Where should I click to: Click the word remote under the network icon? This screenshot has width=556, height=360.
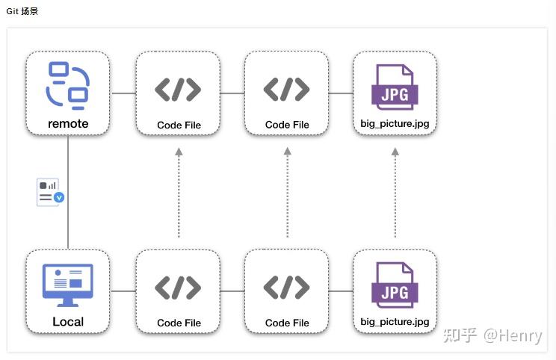click(68, 124)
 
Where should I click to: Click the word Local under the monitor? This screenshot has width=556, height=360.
click(68, 322)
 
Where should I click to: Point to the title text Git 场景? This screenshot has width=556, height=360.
click(22, 11)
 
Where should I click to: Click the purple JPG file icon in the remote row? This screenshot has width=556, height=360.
click(395, 87)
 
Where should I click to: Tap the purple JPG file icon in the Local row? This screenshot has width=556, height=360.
click(395, 286)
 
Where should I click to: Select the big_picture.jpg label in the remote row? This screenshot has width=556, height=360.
click(395, 124)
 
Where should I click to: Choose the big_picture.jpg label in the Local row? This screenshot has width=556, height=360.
click(395, 322)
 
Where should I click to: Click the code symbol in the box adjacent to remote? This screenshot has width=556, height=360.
click(178, 90)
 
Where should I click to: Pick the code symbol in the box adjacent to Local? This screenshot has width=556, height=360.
click(178, 288)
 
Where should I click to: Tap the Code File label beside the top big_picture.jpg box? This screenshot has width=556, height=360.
click(287, 125)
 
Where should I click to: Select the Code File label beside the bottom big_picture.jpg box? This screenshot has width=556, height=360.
click(287, 323)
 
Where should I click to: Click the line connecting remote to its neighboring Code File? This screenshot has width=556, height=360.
click(123, 93)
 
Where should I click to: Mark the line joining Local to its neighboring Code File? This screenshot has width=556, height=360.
click(123, 291)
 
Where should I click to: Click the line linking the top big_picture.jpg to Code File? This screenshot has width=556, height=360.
click(341, 93)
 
